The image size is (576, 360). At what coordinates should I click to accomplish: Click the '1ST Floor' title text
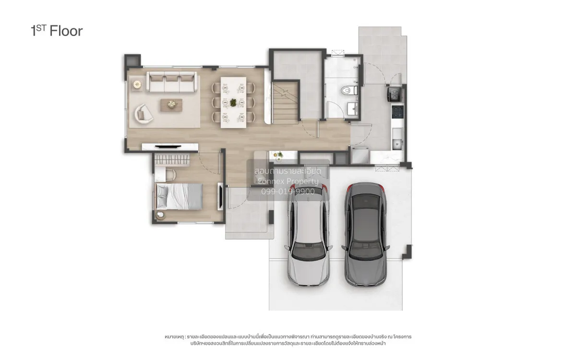pyautogui.click(x=57, y=31)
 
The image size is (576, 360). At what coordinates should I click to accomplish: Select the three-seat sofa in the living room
pyautogui.click(x=172, y=82)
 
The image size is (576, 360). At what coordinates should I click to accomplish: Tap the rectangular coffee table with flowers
pyautogui.click(x=171, y=105)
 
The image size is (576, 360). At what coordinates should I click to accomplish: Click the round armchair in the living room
pyautogui.click(x=144, y=114)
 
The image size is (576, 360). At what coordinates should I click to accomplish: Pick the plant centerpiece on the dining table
pyautogui.click(x=233, y=102)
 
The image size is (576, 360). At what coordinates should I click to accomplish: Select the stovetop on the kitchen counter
pyautogui.click(x=397, y=112)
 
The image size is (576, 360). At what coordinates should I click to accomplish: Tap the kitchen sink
pyautogui.click(x=397, y=144)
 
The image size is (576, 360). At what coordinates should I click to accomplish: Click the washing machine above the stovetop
pyautogui.click(x=394, y=95)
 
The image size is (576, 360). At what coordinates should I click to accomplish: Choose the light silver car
pyautogui.click(x=308, y=235)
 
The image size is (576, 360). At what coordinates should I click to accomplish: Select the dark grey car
pyautogui.click(x=365, y=235)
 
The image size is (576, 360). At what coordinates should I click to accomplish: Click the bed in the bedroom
pyautogui.click(x=179, y=196)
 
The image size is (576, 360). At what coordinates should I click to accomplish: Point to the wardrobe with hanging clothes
pyautogui.click(x=172, y=160)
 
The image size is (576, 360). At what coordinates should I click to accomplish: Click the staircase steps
pyautogui.click(x=285, y=102)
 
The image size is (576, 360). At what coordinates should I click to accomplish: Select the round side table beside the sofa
pyautogui.click(x=137, y=84)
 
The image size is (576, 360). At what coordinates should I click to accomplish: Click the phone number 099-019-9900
pyautogui.click(x=288, y=192)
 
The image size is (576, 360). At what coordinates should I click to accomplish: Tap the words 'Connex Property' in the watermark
pyautogui.click(x=288, y=181)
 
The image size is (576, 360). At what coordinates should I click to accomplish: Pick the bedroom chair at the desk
pyautogui.click(x=171, y=175)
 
